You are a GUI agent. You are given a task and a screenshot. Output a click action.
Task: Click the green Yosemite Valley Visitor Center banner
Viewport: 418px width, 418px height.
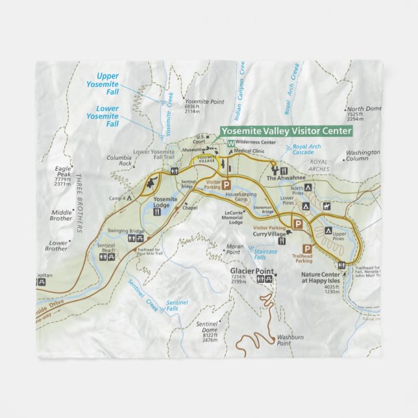coord(286,130)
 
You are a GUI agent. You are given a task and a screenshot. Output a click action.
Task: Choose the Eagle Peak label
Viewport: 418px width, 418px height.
coord(63,171)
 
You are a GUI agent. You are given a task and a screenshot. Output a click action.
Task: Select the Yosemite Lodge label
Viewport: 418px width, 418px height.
coord(166,202)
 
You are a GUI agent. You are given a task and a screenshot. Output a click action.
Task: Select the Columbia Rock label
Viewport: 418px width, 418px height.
coord(119,160)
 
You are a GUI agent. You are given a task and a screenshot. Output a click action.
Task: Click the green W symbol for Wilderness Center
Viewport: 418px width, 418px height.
coord(231,141)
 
